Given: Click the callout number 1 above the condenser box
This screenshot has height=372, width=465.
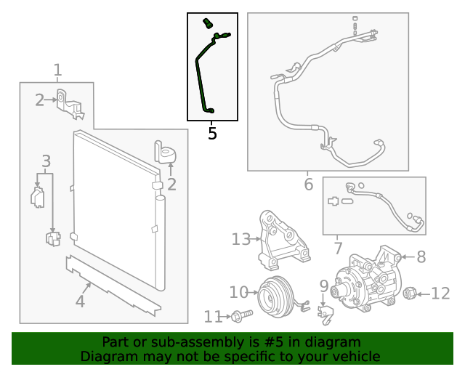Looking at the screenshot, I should point(57,70).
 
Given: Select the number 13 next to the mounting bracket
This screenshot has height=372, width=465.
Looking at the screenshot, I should point(240,239).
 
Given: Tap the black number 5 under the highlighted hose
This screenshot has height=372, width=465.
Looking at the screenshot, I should point(212,134).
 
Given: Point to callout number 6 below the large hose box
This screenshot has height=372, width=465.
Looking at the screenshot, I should point(308,185).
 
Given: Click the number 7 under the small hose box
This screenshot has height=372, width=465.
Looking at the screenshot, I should point(338,248).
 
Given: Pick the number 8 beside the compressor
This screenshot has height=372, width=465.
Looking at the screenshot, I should point(421,256).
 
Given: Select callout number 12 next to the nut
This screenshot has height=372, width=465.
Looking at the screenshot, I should point(440,294).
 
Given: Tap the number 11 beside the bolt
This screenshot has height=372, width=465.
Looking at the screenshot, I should point(213,317).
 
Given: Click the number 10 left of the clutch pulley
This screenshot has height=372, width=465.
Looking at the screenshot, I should point(238,292).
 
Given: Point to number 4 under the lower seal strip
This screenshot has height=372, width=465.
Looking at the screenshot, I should point(80,300).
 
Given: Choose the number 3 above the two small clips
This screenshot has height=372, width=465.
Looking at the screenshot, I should point(46,161).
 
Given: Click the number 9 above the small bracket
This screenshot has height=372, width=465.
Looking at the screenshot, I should point(324,286).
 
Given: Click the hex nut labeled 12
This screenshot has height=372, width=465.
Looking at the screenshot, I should point(409,294).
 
